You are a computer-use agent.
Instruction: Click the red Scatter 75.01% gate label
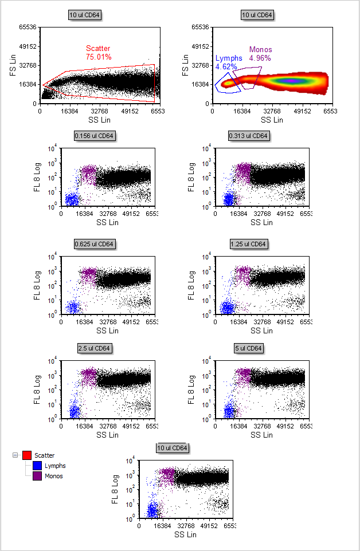(x=99, y=53)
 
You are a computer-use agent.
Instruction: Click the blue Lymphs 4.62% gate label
(x=229, y=62)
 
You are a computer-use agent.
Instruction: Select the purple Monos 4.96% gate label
(x=260, y=53)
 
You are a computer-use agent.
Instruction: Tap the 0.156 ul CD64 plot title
(x=95, y=136)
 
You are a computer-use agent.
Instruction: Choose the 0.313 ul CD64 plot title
(x=248, y=136)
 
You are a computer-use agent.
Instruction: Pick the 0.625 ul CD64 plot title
(x=95, y=245)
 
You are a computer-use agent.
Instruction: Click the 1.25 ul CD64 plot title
(x=248, y=245)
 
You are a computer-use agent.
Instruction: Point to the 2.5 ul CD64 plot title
(x=95, y=348)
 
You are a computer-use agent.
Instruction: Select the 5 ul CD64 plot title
(x=248, y=348)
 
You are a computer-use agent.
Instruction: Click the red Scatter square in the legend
(x=26, y=455)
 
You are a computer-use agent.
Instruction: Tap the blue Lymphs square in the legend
(x=38, y=466)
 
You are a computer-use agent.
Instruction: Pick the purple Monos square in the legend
(x=38, y=476)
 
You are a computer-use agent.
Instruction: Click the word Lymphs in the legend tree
(x=55, y=466)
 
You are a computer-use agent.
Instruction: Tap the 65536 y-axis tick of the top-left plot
(x=27, y=27)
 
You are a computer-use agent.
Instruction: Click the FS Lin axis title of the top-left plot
(x=9, y=65)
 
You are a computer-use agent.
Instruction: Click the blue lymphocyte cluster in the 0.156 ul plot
(x=72, y=200)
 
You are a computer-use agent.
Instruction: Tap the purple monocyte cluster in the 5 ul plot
(x=243, y=375)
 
